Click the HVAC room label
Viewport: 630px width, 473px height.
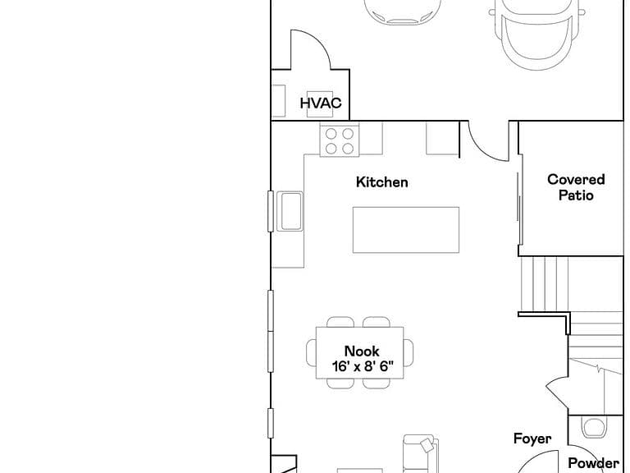coord(321,103)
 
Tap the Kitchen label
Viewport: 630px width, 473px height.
coord(381,181)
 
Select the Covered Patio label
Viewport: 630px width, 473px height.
coord(576,187)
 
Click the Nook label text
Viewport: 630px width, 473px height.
coord(362,351)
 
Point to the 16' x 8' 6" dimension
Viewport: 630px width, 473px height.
coord(363,366)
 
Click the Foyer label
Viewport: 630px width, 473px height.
coord(532,439)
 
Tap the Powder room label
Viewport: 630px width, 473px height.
coord(593,463)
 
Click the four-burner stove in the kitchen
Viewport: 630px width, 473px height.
coord(340,140)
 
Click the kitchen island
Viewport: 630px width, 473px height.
coord(406,230)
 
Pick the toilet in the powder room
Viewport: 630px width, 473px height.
coord(594,428)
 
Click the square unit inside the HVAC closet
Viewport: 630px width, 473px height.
coord(320,104)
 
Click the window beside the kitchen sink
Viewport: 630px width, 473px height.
coord(271,211)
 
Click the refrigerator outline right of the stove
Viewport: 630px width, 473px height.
coord(442,138)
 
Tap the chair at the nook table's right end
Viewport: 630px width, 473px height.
coord(409,353)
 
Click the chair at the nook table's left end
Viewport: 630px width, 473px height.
coord(312,353)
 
